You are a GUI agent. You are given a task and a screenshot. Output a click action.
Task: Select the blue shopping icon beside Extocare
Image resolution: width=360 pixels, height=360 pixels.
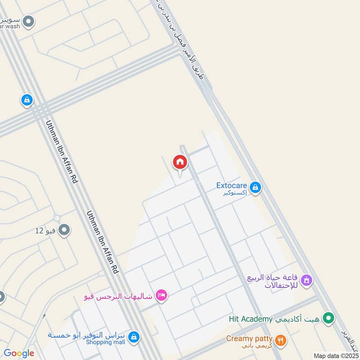point(255,187)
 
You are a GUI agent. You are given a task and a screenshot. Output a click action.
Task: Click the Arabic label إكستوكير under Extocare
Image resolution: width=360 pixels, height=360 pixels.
point(235,193)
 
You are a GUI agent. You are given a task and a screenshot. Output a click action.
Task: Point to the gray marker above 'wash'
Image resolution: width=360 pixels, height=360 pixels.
point(28,21)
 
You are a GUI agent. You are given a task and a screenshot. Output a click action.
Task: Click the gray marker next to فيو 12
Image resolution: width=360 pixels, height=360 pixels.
point(64,230)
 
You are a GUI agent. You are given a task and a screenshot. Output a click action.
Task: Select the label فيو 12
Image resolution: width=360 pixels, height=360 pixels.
point(45,231)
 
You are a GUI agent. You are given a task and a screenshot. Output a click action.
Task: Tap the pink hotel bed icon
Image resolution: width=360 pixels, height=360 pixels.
point(161,295)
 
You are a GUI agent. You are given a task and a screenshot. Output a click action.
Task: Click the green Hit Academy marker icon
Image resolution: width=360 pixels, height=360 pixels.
point(330,319)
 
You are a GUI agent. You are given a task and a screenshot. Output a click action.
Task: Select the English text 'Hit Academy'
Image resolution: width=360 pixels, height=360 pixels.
point(251,319)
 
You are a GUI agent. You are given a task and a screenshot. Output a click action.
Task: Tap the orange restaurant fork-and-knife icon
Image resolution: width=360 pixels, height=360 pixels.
point(280,340)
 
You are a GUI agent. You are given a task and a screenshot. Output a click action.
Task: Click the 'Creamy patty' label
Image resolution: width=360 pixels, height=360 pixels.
point(249,338)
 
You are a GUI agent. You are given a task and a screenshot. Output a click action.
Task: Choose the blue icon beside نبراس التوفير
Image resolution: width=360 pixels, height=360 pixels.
point(133,336)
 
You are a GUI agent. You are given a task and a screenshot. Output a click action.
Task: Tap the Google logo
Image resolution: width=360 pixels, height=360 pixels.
point(18,353)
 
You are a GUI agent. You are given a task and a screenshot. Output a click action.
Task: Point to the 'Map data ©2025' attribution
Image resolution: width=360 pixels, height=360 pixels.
point(336,355)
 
